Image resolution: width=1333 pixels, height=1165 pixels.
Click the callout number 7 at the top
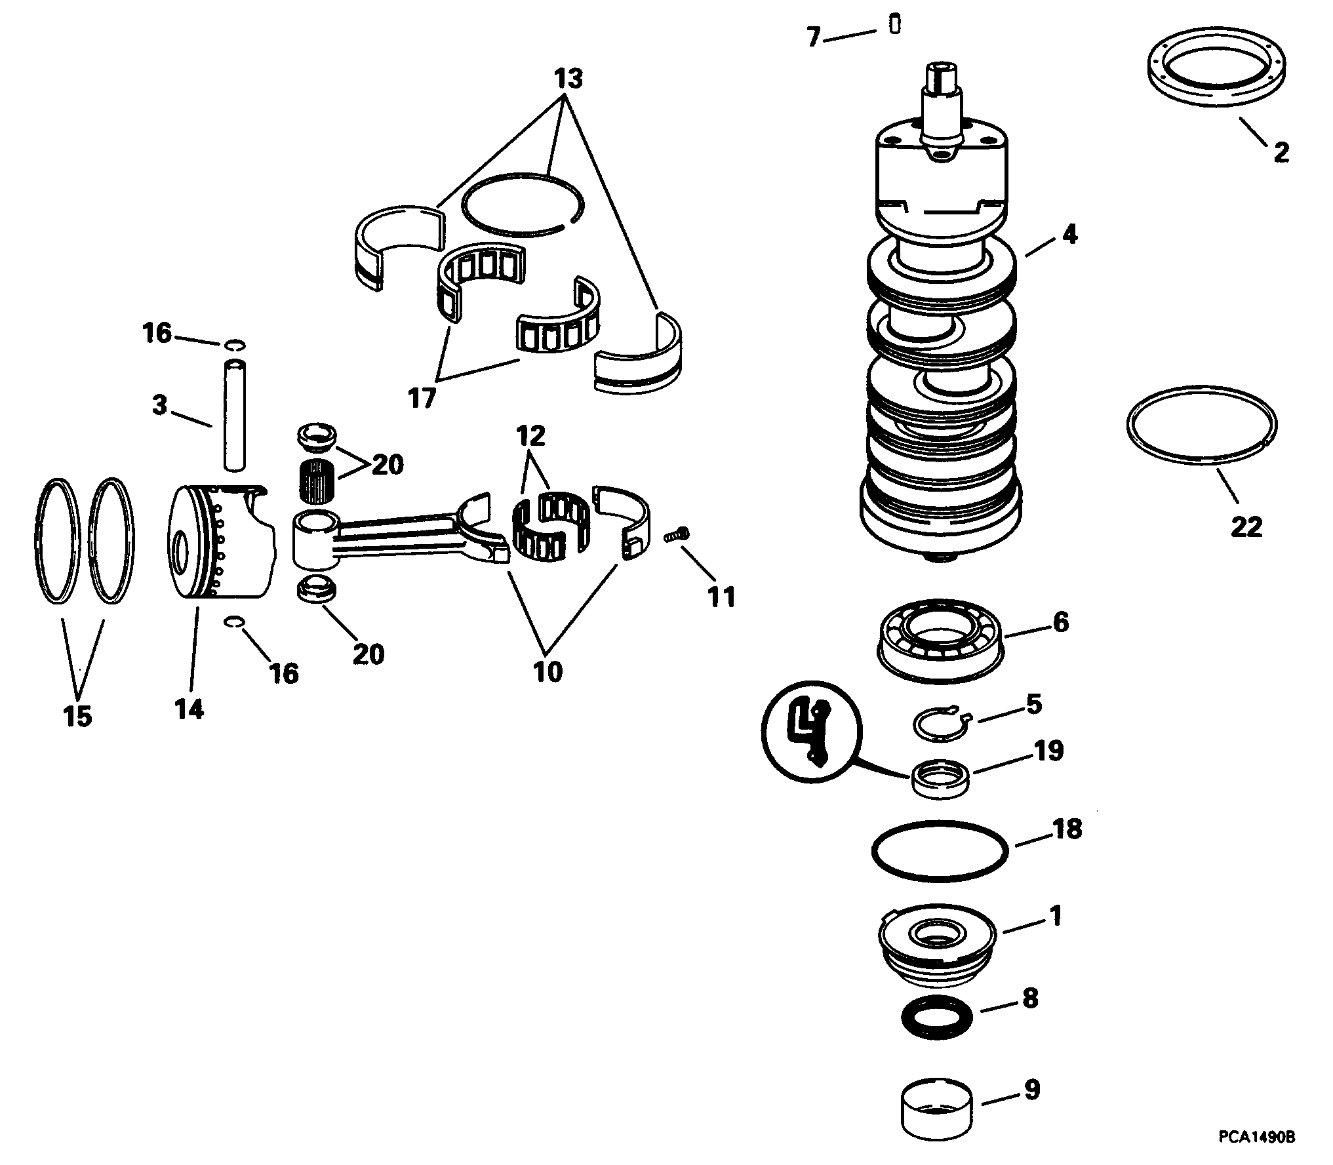pyautogui.click(x=814, y=37)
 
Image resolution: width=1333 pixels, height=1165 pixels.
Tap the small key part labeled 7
pyautogui.click(x=894, y=24)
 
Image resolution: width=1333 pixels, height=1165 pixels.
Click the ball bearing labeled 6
pyautogui.click(x=940, y=635)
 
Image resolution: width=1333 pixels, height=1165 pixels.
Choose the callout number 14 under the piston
pyautogui.click(x=189, y=709)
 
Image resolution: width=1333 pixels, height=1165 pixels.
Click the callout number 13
pyautogui.click(x=568, y=79)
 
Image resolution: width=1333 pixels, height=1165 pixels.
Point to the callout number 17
pyautogui.click(x=422, y=397)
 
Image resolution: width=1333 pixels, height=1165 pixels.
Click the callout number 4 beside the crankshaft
pyautogui.click(x=1069, y=234)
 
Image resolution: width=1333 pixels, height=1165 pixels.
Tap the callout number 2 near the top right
pyautogui.click(x=1281, y=153)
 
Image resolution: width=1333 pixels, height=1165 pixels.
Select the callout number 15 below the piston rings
pyautogui.click(x=77, y=716)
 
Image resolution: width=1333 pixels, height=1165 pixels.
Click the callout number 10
pyautogui.click(x=548, y=671)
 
